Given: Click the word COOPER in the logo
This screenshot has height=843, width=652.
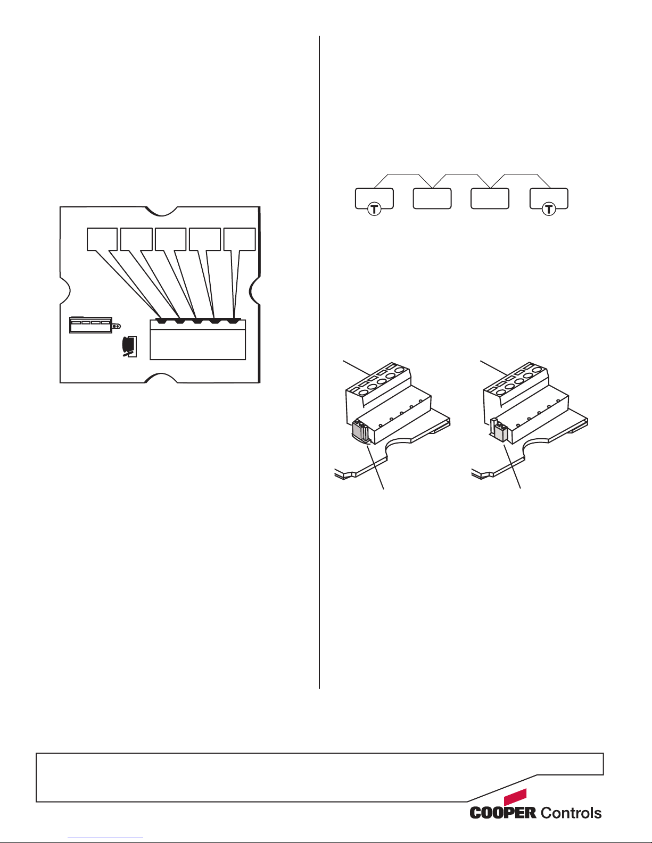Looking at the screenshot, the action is pyautogui.click(x=502, y=812).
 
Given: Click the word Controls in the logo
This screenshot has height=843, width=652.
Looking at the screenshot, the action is pyautogui.click(x=571, y=812).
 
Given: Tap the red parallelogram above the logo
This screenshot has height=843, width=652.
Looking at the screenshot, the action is pyautogui.click(x=515, y=797).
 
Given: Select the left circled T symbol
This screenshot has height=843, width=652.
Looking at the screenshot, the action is pyautogui.click(x=374, y=210).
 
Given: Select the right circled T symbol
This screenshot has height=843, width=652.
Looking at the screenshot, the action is pyautogui.click(x=548, y=210).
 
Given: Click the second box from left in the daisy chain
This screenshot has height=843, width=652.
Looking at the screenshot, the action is pyautogui.click(x=432, y=198).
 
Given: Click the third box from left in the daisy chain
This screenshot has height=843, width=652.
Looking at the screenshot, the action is pyautogui.click(x=490, y=198).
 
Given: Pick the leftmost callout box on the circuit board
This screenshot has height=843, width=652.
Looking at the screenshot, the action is pyautogui.click(x=102, y=239).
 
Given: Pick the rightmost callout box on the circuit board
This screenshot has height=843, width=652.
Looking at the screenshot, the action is pyautogui.click(x=240, y=239).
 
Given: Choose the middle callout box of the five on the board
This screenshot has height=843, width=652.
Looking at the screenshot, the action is pyautogui.click(x=170, y=239).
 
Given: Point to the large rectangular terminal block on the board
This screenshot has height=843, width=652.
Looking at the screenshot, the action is pyautogui.click(x=197, y=339).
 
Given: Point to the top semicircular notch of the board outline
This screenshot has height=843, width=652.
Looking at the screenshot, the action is pyautogui.click(x=162, y=211).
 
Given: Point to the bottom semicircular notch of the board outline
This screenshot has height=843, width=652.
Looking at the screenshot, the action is pyautogui.click(x=162, y=378).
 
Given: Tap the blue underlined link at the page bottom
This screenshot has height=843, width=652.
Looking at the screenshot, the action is pyautogui.click(x=105, y=838).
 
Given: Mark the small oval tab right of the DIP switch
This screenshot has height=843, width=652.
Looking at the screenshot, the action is pyautogui.click(x=117, y=326).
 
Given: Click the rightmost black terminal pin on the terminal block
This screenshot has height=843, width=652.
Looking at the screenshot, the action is pyautogui.click(x=233, y=321).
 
